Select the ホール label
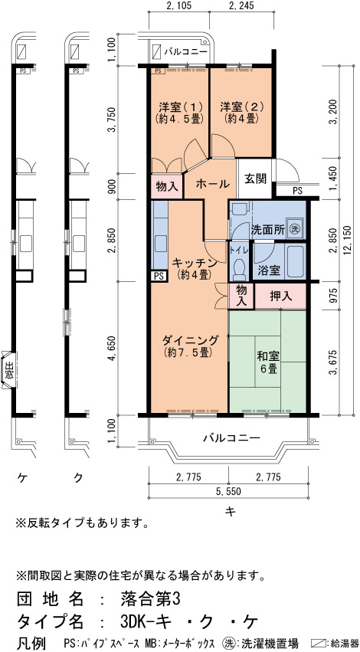click(211, 183)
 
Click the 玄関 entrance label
click(255, 180)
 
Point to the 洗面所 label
click(268, 229)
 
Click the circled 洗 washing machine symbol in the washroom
click(295, 228)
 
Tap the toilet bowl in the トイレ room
click(239, 269)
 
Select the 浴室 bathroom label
click(268, 270)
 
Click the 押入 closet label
click(281, 296)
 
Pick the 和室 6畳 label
click(268, 362)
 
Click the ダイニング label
click(189, 346)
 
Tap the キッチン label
click(194, 268)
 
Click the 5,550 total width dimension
click(228, 492)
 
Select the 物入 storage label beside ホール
click(167, 187)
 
